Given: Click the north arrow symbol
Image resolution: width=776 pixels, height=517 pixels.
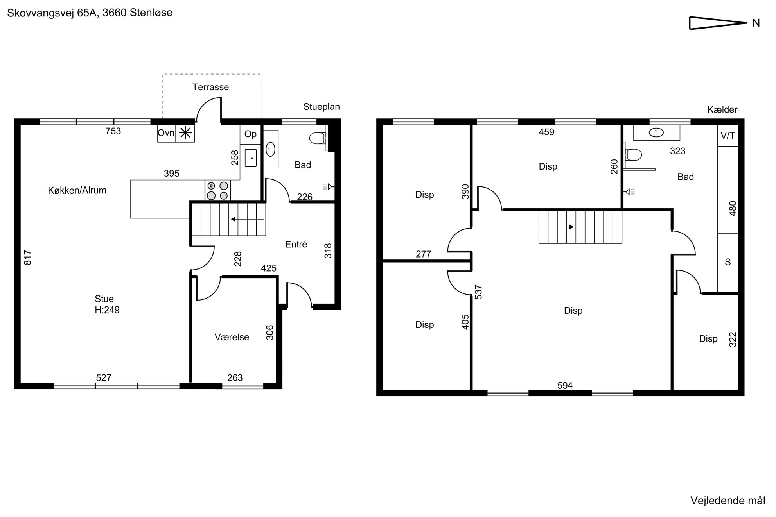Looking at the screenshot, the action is point(718,23).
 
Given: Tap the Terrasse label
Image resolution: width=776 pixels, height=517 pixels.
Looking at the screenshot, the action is point(210,87).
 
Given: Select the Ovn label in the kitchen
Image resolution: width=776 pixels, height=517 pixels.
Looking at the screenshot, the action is point(166,133).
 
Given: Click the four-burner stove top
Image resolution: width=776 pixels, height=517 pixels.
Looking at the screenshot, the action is point(217,190).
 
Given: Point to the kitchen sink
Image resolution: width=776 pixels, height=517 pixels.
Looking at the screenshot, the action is point(251,158).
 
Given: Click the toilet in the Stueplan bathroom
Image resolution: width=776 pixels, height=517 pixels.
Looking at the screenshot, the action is point(318,138).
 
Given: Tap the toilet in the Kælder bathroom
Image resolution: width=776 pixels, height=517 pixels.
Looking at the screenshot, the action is point(634,155).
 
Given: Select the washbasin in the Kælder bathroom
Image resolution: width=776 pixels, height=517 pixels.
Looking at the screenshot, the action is point(656,132).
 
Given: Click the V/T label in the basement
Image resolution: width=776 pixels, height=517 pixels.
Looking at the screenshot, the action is point(727,136).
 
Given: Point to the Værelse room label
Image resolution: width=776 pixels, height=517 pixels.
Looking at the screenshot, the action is point(232,337).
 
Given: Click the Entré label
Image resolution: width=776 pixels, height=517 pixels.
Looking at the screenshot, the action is point(296,244).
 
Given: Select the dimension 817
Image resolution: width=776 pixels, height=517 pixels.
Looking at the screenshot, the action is point(28,258).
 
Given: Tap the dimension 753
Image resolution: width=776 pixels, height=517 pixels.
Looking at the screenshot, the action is point(113,131).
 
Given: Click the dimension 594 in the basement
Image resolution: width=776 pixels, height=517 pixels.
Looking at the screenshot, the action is point(565,386).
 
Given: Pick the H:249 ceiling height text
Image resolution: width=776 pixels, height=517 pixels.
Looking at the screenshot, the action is point(107,310).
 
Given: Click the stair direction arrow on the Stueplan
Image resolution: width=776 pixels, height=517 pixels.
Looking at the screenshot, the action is point(248,219).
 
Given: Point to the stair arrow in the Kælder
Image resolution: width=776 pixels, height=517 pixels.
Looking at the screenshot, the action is point(557,227).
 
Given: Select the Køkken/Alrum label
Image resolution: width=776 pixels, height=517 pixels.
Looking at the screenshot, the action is point(77,190).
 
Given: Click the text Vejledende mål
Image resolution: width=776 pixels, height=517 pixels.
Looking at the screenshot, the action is point(727,501).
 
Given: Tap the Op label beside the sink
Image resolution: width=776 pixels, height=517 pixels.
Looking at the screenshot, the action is point(250,134).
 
